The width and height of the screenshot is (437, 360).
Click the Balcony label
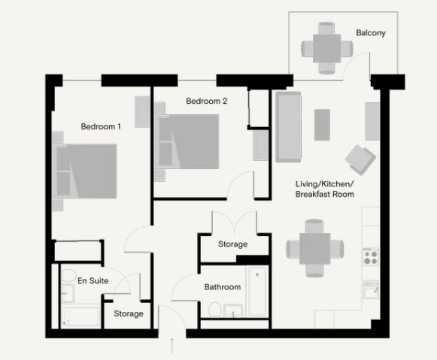371,33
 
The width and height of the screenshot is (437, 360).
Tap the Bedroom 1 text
101,127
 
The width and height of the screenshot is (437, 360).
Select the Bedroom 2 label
207,101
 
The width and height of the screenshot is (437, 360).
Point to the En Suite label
93,280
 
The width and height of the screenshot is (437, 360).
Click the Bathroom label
223,287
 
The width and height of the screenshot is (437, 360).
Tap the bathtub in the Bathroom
257,292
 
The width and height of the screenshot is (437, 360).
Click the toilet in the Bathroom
215,310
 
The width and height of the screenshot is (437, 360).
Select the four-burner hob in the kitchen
371,256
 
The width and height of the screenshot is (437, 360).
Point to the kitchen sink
371,289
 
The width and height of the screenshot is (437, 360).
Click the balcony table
326,48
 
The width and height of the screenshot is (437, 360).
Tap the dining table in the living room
314,249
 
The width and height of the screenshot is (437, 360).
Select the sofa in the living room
288,127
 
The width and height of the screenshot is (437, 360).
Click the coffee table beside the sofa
322,125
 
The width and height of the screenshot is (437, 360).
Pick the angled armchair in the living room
360,159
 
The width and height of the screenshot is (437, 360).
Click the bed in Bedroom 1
84,171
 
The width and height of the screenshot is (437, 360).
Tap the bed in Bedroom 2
187,141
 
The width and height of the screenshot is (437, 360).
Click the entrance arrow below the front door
172,345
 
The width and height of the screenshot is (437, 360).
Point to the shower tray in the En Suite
80,316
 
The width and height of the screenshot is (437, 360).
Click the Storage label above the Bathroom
232,244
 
